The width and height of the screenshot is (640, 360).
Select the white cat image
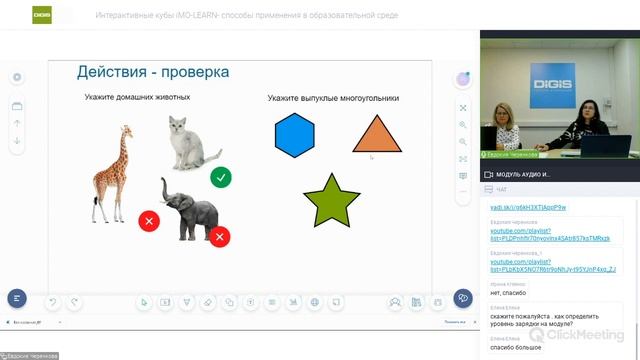coord(191,143)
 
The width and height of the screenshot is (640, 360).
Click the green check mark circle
coord(221,177)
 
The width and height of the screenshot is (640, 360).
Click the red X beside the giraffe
coord(148,220)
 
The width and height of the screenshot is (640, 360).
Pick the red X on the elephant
coord(220,237)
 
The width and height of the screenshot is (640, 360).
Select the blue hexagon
coord(294,136)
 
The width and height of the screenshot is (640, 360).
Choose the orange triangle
coord(376,136)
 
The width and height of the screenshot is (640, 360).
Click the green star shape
coord(331,199)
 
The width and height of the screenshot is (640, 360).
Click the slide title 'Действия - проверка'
coord(153,72)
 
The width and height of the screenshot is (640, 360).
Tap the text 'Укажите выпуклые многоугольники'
coord(333,98)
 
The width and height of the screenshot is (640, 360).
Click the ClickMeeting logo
coord(590,336)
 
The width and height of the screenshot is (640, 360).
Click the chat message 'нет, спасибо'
coord(509,294)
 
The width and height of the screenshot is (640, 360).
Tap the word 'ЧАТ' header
coord(502,189)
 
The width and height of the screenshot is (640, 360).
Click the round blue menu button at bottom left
coord(16,298)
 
